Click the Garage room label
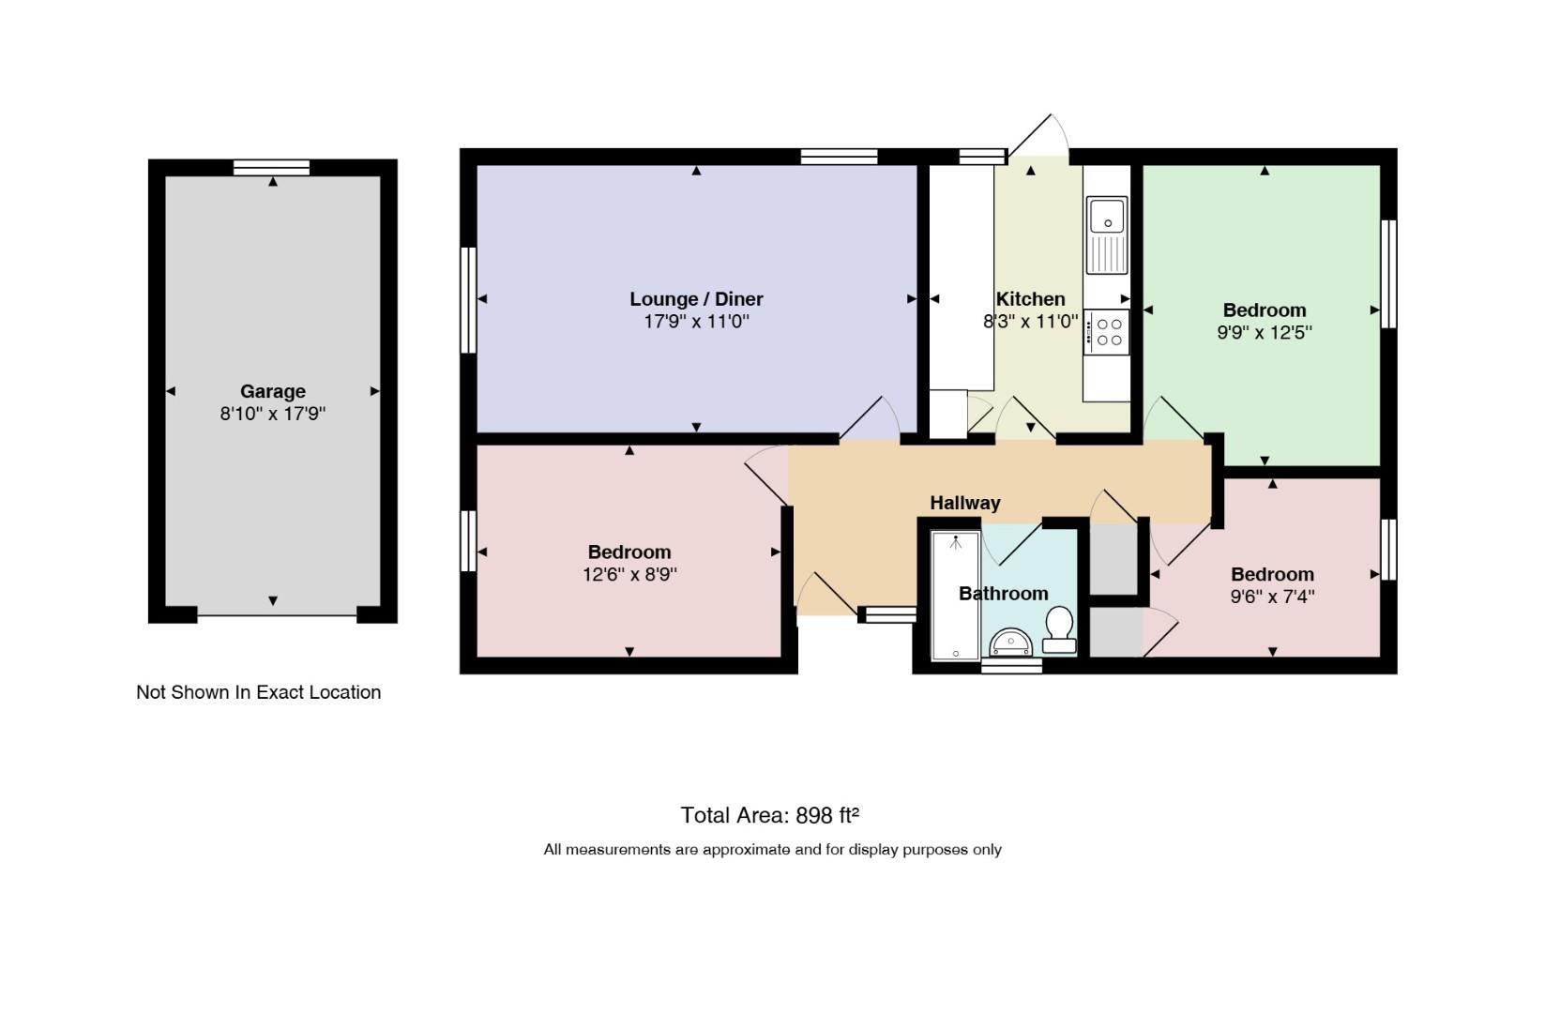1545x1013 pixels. (272, 392)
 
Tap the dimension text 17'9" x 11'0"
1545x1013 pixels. (696, 322)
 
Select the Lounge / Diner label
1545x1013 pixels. (696, 299)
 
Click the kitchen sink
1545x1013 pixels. (1107, 235)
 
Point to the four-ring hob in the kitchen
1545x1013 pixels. (1107, 332)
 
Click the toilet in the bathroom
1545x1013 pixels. (1059, 629)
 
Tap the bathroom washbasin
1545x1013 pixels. (1010, 642)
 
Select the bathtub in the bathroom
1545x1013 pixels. (955, 596)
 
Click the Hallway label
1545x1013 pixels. (965, 504)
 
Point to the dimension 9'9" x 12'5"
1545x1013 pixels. (1265, 332)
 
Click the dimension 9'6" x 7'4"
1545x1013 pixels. (1273, 597)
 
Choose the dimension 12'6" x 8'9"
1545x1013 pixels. (629, 574)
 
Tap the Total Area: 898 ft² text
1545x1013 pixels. (770, 816)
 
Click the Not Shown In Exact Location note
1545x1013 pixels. (259, 692)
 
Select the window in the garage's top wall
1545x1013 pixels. (271, 168)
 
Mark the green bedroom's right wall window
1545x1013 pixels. (1388, 274)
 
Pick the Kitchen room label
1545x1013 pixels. (1030, 299)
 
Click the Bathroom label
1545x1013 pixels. (1004, 594)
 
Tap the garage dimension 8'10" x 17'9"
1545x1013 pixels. (272, 414)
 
